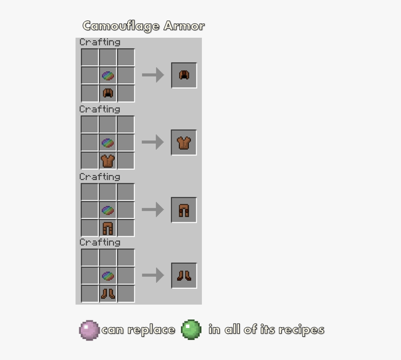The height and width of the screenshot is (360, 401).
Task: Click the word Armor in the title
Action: (184, 26)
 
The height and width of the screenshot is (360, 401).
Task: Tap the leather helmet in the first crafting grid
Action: (108, 93)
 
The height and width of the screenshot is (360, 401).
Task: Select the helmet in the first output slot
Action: (184, 75)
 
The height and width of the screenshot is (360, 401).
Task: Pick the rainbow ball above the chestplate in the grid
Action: (108, 143)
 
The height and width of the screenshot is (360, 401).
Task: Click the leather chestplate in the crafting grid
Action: (108, 161)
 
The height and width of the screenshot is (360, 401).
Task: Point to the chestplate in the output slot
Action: (184, 143)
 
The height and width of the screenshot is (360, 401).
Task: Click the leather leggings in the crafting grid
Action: (108, 228)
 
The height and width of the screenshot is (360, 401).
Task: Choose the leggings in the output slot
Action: (184, 211)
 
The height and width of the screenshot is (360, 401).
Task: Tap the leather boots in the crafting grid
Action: (108, 293)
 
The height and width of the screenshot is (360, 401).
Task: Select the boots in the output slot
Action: (184, 276)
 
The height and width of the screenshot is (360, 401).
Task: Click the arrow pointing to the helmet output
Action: (153, 75)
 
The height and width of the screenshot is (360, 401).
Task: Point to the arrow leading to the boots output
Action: (153, 275)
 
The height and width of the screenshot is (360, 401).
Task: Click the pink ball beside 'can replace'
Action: (89, 330)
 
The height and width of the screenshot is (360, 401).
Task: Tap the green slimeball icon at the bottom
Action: (191, 330)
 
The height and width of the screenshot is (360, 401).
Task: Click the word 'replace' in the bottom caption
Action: (151, 330)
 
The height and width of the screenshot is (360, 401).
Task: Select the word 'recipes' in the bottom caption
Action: (302, 330)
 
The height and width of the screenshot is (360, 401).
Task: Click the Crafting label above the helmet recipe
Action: (100, 42)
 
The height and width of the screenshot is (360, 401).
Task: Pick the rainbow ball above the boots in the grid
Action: (108, 276)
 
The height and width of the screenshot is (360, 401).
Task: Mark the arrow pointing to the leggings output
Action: (152, 210)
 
